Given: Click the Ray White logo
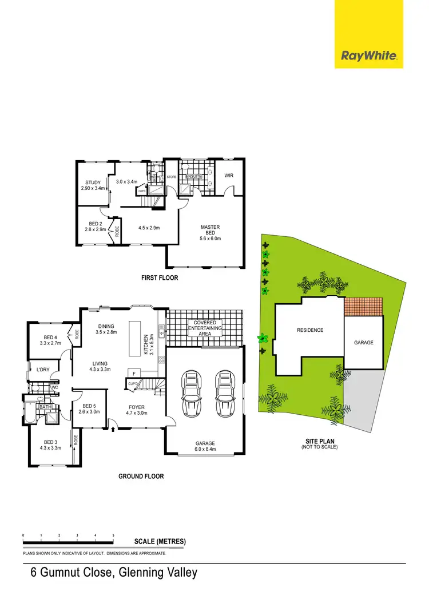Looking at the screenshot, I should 368,55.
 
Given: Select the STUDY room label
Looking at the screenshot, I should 93,185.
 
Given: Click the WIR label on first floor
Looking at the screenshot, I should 229,176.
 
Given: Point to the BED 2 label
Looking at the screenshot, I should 95,227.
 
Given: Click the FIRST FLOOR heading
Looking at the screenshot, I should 160,278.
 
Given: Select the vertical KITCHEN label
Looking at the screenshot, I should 146,344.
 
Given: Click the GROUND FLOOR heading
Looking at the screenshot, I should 141,476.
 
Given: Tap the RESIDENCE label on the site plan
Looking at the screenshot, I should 310,330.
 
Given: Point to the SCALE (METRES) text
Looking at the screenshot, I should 160,541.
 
